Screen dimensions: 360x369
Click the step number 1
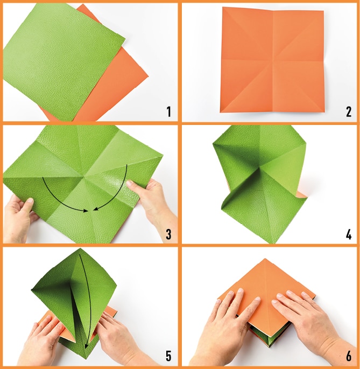click(168, 112)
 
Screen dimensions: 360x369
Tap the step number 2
click(349, 112)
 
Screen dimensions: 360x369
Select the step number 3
click(168, 234)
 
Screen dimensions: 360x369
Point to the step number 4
click(349, 234)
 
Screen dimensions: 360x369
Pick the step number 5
click(168, 356)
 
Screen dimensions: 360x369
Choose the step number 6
click(349, 356)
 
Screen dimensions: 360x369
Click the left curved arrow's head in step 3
click(86, 211)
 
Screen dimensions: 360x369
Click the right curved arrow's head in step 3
click(95, 209)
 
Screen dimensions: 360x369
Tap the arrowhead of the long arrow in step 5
click(87, 345)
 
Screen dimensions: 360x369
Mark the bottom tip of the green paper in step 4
click(273, 243)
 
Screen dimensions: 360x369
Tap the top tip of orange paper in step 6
click(265, 259)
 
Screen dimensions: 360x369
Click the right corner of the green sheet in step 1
click(125, 38)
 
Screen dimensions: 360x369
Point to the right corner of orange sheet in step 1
click(149, 76)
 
